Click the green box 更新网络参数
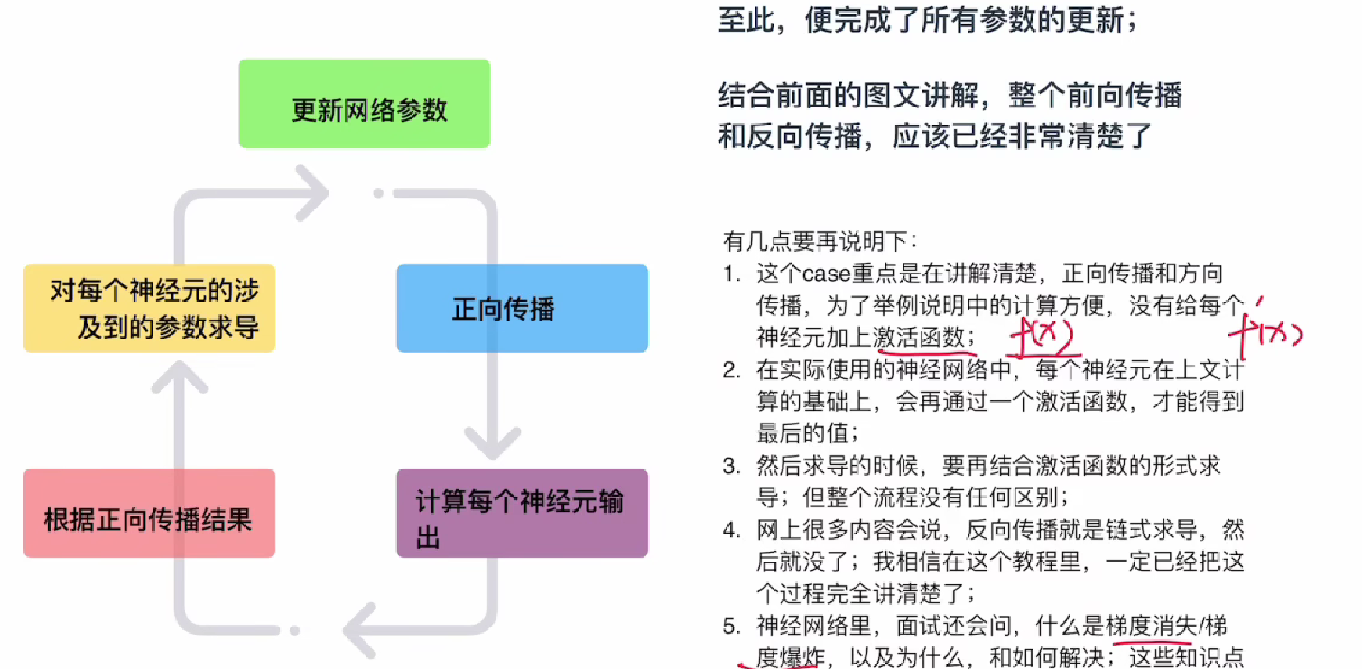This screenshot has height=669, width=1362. pos(364,104)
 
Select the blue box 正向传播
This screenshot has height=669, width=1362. pos(522,308)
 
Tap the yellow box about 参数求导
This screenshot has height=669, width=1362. pos(149,308)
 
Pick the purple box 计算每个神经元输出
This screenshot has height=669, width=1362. pos(522,513)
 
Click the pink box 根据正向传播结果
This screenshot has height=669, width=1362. pos(149,513)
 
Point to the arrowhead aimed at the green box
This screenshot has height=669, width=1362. pos(310,191)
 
